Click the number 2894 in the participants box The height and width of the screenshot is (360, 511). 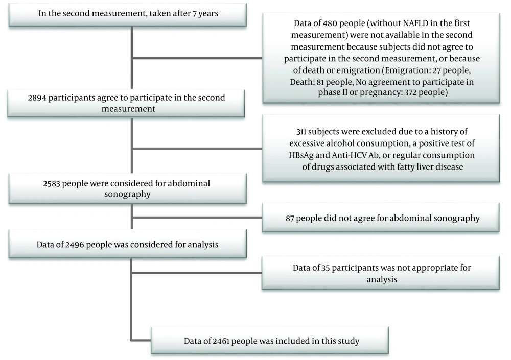[x=37, y=98]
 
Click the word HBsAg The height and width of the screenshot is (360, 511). [x=301, y=155]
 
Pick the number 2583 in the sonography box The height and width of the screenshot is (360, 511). [x=52, y=183]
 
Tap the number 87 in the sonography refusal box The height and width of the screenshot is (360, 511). [x=290, y=218]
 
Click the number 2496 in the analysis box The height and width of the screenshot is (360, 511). [x=74, y=245]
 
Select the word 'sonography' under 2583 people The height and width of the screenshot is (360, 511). [x=127, y=195]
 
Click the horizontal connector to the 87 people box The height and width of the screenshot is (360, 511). [x=197, y=218]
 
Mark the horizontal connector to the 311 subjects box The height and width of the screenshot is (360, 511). [x=197, y=149]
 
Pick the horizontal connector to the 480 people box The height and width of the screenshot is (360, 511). [x=197, y=58]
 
